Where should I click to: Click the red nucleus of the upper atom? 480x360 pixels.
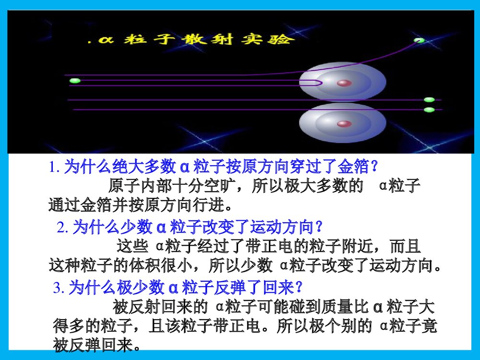[x=344, y=83]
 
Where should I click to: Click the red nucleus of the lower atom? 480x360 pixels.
[x=344, y=124]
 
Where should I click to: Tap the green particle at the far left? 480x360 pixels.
[x=75, y=81]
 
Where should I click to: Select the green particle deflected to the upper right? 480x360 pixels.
[x=419, y=40]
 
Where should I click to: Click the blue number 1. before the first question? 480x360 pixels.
[x=55, y=167]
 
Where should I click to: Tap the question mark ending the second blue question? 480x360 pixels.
[x=319, y=227]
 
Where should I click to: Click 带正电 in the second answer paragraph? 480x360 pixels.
[x=269, y=246]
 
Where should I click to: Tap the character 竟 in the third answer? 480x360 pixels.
[x=429, y=326]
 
